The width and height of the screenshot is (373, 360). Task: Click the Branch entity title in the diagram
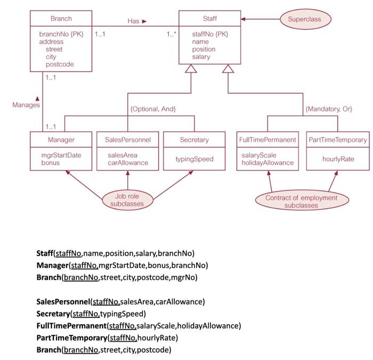(x=61, y=19)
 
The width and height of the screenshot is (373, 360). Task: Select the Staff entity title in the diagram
(x=210, y=19)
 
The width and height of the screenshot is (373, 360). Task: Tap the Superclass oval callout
(x=305, y=19)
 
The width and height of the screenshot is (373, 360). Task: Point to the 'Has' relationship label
(x=133, y=21)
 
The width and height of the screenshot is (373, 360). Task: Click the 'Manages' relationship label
(x=26, y=105)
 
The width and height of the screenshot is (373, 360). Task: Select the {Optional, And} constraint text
(x=153, y=109)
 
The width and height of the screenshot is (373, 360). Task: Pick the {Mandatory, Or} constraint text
(x=329, y=109)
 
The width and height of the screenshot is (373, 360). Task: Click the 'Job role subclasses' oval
(x=127, y=200)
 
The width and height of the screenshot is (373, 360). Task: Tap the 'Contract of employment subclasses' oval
(x=302, y=201)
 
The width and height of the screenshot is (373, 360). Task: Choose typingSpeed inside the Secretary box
(x=194, y=159)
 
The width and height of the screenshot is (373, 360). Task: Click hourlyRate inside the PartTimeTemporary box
(x=338, y=159)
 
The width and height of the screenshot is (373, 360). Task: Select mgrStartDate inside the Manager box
(x=61, y=155)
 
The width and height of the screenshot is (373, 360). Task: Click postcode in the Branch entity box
(x=60, y=64)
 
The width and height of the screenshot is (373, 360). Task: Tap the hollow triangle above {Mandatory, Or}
(x=228, y=69)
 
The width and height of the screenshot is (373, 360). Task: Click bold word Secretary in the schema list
(x=53, y=313)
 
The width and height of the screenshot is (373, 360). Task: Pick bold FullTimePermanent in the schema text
(x=71, y=325)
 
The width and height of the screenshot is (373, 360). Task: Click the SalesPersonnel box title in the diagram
(x=128, y=140)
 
